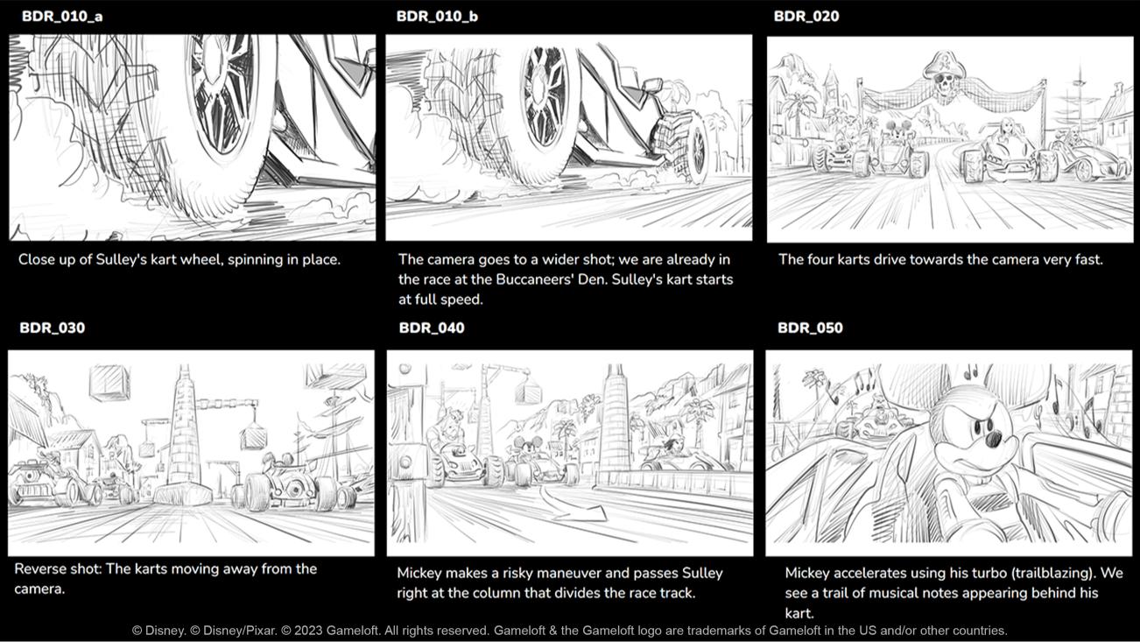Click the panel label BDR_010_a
(x=62, y=17)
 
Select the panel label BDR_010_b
(x=437, y=17)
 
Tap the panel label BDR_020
(x=806, y=17)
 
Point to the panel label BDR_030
(x=53, y=328)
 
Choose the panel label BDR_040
(x=432, y=328)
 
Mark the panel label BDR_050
(x=810, y=328)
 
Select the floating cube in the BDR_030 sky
(x=109, y=382)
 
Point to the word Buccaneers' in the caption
(x=538, y=279)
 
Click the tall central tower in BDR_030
(x=183, y=433)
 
